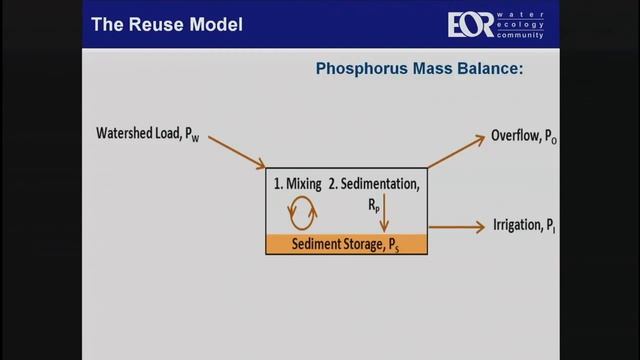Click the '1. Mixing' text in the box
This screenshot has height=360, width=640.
click(x=298, y=186)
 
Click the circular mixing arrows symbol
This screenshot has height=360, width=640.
click(x=302, y=212)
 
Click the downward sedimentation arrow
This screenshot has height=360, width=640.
click(x=384, y=213)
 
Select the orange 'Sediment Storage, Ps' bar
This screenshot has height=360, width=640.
click(x=347, y=243)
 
